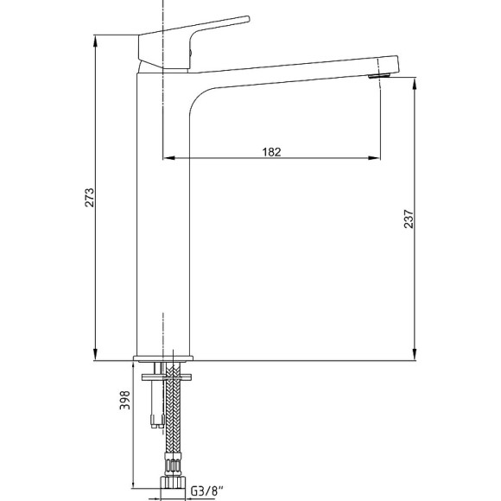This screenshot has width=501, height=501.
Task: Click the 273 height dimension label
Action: [x=90, y=198]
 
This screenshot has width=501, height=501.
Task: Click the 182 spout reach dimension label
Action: [x=271, y=152]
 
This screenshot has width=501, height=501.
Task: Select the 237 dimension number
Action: [x=409, y=219]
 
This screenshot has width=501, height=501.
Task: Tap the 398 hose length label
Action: [x=124, y=400]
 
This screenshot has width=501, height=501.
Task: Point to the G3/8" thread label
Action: [x=207, y=491]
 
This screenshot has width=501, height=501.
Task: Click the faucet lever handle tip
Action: [x=247, y=19]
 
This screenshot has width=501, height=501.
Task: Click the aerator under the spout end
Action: [x=379, y=76]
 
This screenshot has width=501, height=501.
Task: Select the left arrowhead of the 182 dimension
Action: [x=168, y=158]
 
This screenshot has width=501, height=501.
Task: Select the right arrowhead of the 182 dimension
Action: [x=374, y=158]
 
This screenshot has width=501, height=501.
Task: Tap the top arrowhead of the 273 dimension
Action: [x=95, y=41]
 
